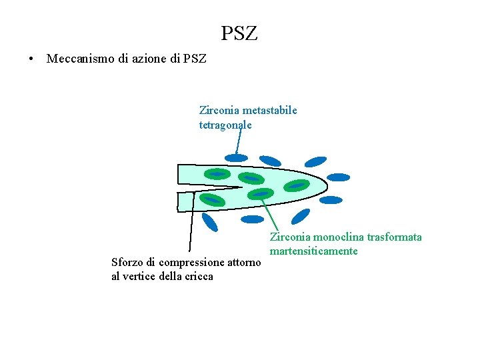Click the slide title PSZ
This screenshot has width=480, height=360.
pyautogui.click(x=239, y=33)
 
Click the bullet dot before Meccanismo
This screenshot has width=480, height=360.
pyautogui.click(x=31, y=59)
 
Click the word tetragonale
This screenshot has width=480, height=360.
pyautogui.click(x=225, y=125)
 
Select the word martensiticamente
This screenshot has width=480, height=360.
pyautogui.click(x=313, y=251)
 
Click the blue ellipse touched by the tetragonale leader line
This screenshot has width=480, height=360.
pyautogui.click(x=236, y=158)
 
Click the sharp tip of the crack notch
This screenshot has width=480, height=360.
pyautogui.click(x=241, y=187)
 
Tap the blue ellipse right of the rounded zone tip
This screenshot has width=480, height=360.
pyautogui.click(x=339, y=177)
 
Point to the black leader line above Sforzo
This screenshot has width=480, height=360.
pyautogui.click(x=191, y=227)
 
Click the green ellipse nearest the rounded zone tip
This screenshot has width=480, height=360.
pyautogui.click(x=297, y=185)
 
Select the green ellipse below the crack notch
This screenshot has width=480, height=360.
pyautogui.click(x=212, y=199)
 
